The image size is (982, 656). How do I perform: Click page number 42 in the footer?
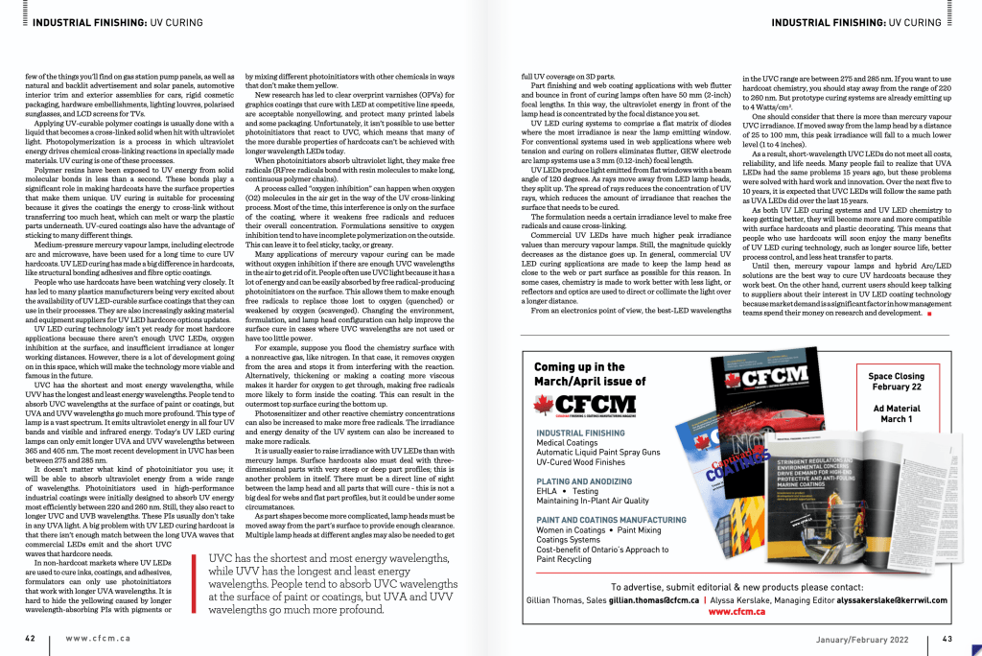point(31,638)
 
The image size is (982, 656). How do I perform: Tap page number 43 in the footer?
point(947,638)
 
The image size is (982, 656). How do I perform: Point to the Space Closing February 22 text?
point(897,382)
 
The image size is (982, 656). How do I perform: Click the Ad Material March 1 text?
point(897,413)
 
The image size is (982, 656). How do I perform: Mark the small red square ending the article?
point(929,314)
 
